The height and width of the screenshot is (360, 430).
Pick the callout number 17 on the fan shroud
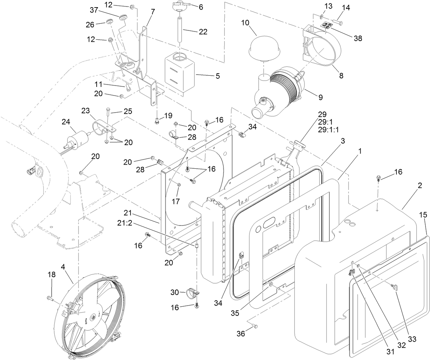(175, 202)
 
